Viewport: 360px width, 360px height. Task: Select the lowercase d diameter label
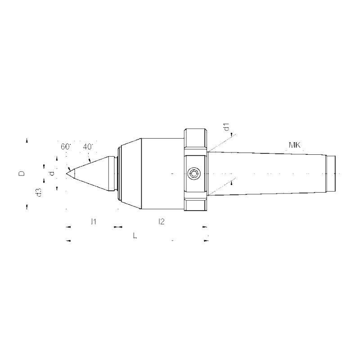pyautogui.click(x=52, y=173)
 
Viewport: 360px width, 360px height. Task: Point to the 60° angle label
pyautogui.click(x=66, y=147)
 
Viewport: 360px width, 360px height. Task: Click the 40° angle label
pyautogui.click(x=88, y=147)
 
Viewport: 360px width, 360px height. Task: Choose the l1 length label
pyautogui.click(x=93, y=221)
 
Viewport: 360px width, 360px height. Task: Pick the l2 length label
pyautogui.click(x=161, y=221)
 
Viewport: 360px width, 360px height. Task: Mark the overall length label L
pyautogui.click(x=135, y=235)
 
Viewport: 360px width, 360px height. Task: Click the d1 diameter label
pyautogui.click(x=228, y=127)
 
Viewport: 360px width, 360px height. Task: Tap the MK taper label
pyautogui.click(x=295, y=145)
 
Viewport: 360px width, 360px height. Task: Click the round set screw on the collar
pyautogui.click(x=194, y=174)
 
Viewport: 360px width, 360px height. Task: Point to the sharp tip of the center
pyautogui.click(x=67, y=173)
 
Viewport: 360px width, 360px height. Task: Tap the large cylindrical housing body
pyautogui.click(x=162, y=174)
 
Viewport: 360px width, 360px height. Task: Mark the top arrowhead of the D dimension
pyautogui.click(x=27, y=140)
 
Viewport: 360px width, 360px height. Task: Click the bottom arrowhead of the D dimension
pyautogui.click(x=27, y=207)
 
